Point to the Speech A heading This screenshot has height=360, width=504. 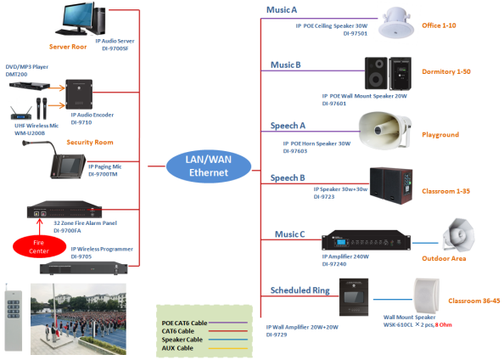[288, 124]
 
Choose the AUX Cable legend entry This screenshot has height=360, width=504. [183, 346]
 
